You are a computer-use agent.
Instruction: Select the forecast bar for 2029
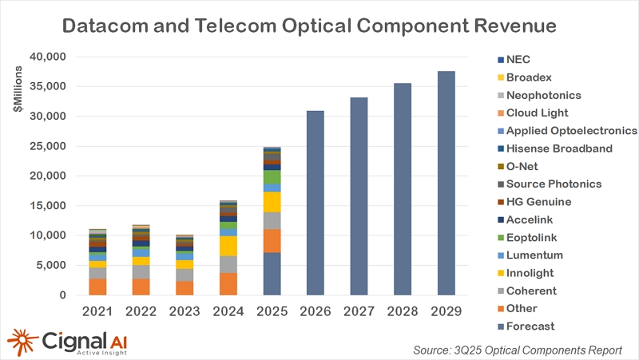[447, 183]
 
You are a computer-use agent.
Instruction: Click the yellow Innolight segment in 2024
[228, 246]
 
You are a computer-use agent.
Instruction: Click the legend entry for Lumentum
[534, 255]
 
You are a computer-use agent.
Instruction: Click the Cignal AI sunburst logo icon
[22, 340]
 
